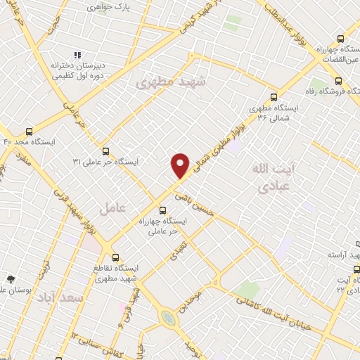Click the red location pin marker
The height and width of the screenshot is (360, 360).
coord(181,165)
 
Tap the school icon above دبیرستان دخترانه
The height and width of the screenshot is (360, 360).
coord(78,55)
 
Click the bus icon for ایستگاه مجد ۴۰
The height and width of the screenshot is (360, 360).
coord(29,131)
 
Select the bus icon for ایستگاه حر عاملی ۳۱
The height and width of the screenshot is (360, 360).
coord(105,151)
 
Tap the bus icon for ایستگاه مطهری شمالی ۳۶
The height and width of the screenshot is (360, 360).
coord(274,98)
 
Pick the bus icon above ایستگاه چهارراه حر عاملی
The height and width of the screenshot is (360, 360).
coord(163,210)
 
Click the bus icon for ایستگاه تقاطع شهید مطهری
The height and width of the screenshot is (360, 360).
coord(116,257)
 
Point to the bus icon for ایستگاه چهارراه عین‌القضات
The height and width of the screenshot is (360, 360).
coord(341,39)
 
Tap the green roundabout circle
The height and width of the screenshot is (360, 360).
coord(169,319)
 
